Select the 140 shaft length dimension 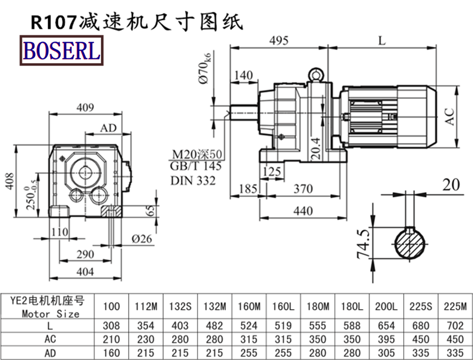tap(243, 75)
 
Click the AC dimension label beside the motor tap(450, 116)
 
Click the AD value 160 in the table tap(111, 352)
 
